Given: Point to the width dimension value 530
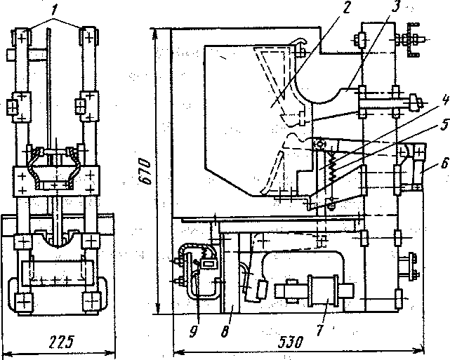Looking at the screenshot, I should (288, 344).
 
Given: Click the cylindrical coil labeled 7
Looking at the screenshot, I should (327, 289).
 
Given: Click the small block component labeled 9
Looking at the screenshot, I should (209, 265).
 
